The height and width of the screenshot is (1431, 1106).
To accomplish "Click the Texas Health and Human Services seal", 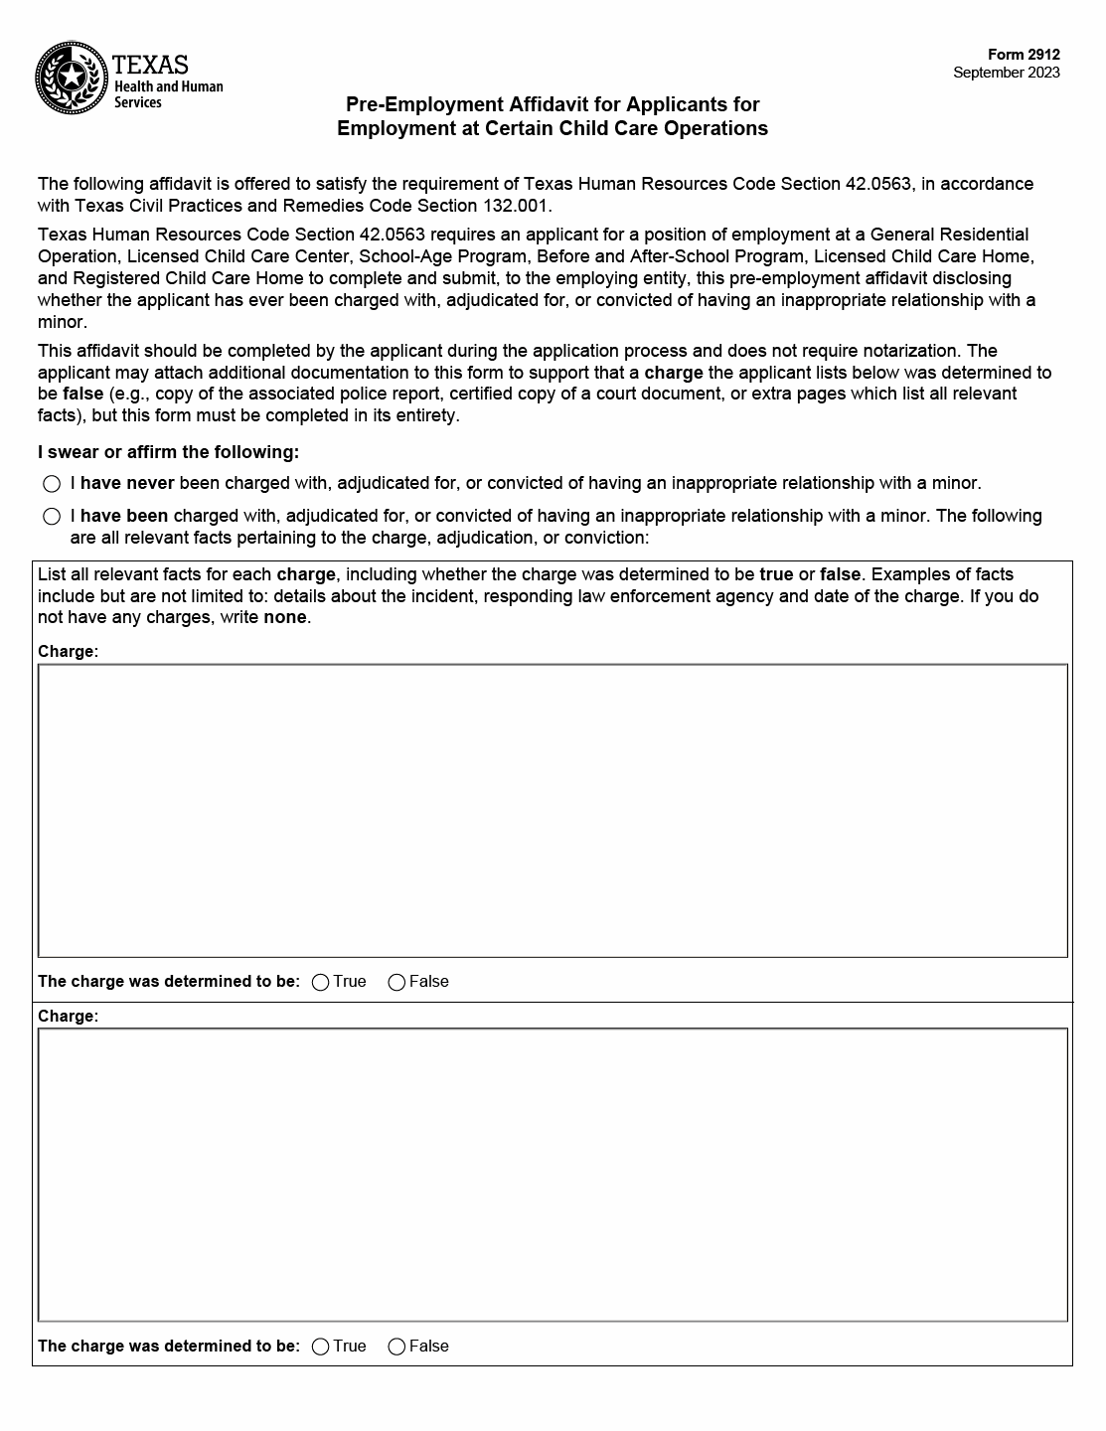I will [x=71, y=78].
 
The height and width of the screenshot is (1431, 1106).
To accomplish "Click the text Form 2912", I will [x=1024, y=55].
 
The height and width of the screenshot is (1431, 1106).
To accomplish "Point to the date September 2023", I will [x=1006, y=73].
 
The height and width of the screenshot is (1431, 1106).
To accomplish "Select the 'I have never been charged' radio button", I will [x=52, y=484].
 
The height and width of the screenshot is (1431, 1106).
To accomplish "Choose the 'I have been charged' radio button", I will [x=52, y=517].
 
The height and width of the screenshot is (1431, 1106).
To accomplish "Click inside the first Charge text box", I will [x=553, y=810].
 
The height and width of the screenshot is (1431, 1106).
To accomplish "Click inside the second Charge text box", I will [x=553, y=1174].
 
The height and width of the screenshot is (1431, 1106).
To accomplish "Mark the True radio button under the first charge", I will [x=321, y=982].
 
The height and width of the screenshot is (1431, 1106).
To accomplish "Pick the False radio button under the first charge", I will [x=396, y=982].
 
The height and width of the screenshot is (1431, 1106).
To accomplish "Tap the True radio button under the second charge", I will [x=321, y=1347].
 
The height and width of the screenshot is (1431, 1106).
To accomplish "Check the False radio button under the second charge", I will [x=396, y=1347].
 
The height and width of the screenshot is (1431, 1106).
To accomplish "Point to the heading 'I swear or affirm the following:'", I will [x=168, y=452].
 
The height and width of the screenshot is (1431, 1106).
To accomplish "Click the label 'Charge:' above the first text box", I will [x=68, y=652].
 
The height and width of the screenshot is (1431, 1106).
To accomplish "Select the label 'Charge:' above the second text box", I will [x=68, y=1017].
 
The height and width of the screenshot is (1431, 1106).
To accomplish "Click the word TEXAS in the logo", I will [x=150, y=66].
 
